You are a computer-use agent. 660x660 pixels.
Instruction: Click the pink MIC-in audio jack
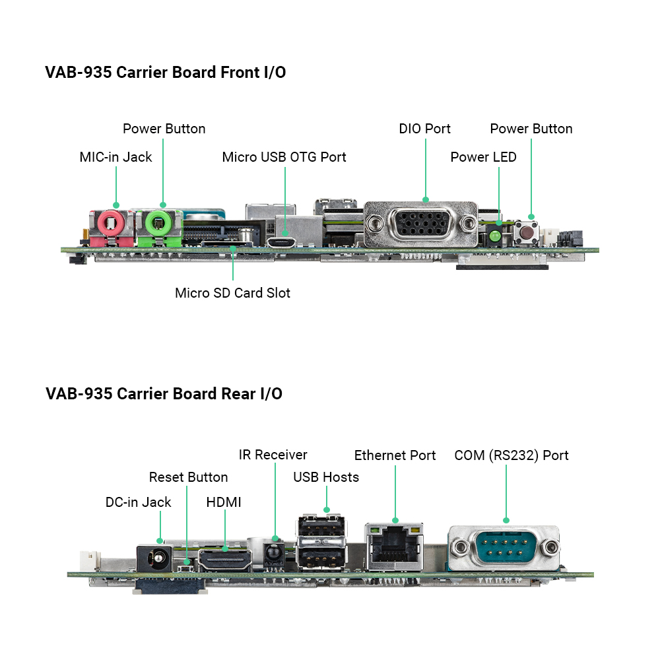tap(111, 224)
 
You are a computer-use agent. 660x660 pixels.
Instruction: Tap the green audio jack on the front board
tap(158, 224)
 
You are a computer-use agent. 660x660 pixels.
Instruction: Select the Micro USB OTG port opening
tap(281, 243)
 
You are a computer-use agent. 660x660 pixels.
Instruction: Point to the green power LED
tap(496, 236)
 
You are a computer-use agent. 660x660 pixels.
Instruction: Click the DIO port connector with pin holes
tap(421, 224)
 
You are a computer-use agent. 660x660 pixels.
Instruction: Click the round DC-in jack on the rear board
tap(155, 558)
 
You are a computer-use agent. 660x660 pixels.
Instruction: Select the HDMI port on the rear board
tap(225, 560)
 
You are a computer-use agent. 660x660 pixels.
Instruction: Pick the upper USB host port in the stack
tap(321, 525)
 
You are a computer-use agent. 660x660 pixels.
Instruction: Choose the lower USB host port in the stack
tap(321, 557)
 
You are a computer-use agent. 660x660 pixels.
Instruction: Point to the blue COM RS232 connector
tap(504, 548)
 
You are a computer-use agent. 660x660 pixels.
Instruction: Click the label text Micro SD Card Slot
tap(232, 293)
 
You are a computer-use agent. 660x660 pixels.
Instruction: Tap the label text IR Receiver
tap(273, 455)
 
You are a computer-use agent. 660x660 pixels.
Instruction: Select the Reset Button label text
tap(188, 477)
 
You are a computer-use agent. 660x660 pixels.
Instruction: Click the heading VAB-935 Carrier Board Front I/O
tap(166, 73)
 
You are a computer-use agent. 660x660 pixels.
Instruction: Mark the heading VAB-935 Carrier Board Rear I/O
tap(164, 393)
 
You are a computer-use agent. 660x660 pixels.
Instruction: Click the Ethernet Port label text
tap(395, 455)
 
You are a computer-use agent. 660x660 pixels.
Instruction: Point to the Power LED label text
tap(483, 157)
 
